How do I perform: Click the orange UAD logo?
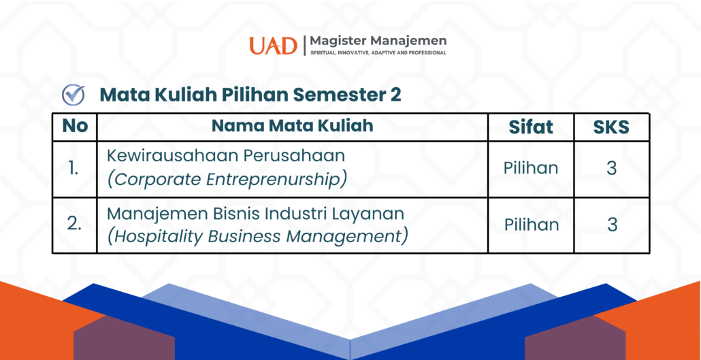(x=273, y=46)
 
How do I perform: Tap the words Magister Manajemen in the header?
(x=378, y=41)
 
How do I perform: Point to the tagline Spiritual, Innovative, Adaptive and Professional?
(x=378, y=53)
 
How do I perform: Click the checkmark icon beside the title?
(x=74, y=95)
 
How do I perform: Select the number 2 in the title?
(x=395, y=95)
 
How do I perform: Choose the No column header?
(x=75, y=127)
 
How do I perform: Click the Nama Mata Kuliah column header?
(x=293, y=127)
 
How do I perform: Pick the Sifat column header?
(x=531, y=127)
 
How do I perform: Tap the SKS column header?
(x=611, y=128)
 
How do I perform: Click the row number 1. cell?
(x=74, y=169)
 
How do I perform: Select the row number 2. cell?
(x=74, y=225)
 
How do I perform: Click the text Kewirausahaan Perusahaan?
(x=226, y=156)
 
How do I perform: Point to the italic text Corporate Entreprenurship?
(x=227, y=179)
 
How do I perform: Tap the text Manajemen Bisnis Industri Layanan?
(x=255, y=214)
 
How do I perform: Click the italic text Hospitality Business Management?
(x=257, y=236)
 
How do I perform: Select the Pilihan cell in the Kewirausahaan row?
(x=531, y=168)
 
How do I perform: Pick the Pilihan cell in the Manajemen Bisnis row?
(x=532, y=225)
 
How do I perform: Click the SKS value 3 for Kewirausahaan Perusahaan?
(x=612, y=169)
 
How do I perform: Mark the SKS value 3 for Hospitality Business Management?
(x=612, y=225)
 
